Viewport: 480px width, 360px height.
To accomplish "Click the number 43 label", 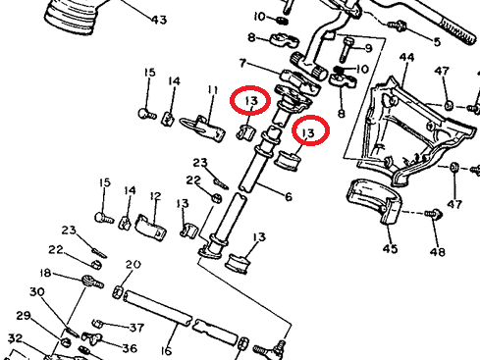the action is pyautogui.click(x=159, y=20).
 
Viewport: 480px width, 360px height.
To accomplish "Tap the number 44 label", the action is pyautogui.click(x=406, y=58).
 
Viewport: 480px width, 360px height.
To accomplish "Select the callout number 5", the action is pyautogui.click(x=437, y=42).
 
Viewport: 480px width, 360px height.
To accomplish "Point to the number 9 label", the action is pyautogui.click(x=368, y=48).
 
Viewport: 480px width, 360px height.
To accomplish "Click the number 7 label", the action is pyautogui.click(x=242, y=63).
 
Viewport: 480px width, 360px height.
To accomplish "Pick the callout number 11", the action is pyautogui.click(x=213, y=89).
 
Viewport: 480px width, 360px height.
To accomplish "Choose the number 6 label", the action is pyautogui.click(x=289, y=197).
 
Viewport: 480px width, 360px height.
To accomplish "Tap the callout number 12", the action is pyautogui.click(x=156, y=196).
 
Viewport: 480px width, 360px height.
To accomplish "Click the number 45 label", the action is pyautogui.click(x=390, y=248).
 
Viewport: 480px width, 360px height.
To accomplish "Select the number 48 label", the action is pyautogui.click(x=438, y=252).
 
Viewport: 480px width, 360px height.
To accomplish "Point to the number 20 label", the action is pyautogui.click(x=133, y=264).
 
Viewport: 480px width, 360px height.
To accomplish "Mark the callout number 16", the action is pyautogui.click(x=166, y=351).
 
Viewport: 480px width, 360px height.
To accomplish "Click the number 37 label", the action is pyautogui.click(x=136, y=328).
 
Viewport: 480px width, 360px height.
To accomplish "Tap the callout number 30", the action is pyautogui.click(x=37, y=291).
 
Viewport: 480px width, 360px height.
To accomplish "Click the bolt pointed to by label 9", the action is pyautogui.click(x=347, y=49).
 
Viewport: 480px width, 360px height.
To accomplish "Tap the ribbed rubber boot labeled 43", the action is pyautogui.click(x=71, y=17).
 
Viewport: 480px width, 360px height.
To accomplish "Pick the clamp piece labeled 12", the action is pyautogui.click(x=151, y=228).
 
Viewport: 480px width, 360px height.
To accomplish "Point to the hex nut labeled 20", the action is pyautogui.click(x=118, y=291).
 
